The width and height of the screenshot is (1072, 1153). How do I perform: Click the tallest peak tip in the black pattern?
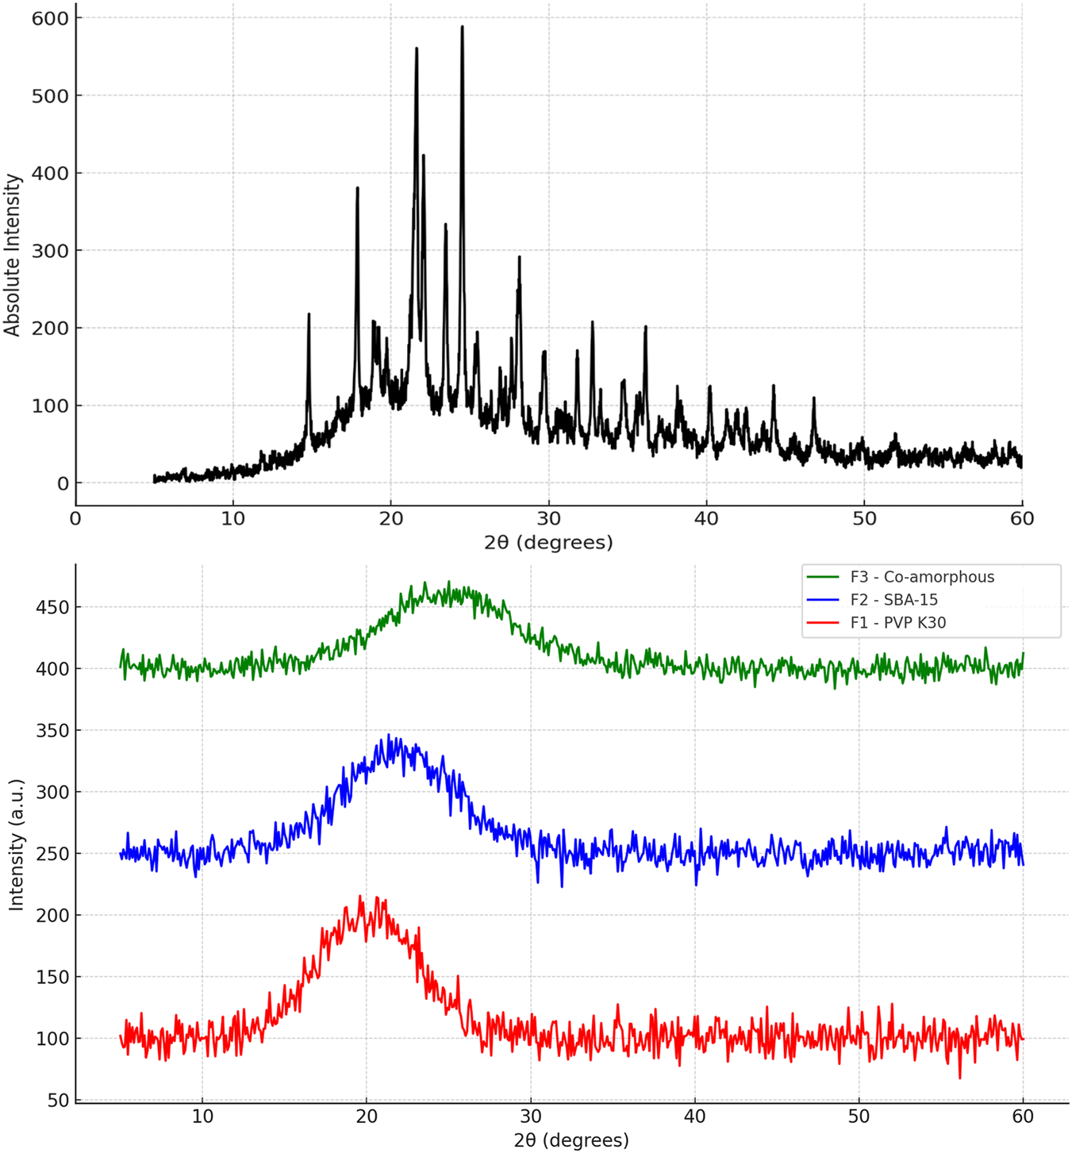[462, 27]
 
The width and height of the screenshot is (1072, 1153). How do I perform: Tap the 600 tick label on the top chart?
[50, 17]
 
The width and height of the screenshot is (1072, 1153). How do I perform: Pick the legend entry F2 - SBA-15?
[893, 600]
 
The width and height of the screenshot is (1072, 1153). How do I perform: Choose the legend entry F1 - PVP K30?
[897, 623]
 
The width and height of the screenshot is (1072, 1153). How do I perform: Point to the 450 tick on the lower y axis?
[54, 607]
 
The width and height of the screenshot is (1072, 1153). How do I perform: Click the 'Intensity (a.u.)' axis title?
[16, 844]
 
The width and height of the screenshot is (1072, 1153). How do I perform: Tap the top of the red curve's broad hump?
[361, 897]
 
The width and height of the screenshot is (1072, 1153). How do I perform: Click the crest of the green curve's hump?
[448, 582]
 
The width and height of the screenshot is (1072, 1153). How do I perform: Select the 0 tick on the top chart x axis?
[75, 519]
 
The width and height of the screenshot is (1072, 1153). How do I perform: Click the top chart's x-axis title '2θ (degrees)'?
[548, 543]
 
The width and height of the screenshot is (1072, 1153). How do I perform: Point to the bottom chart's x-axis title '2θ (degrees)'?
[571, 1140]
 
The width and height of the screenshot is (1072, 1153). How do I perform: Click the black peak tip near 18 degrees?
[357, 188]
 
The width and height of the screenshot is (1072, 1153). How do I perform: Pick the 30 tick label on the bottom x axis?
[531, 1116]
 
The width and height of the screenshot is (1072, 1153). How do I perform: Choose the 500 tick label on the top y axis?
[50, 95]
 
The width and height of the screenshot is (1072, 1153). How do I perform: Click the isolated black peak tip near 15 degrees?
[309, 314]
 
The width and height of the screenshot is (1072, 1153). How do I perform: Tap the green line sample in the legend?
[822, 577]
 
